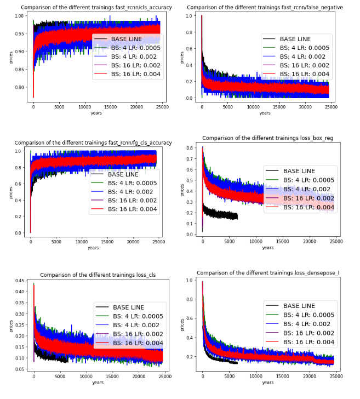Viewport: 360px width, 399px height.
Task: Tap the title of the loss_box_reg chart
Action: (x=267, y=138)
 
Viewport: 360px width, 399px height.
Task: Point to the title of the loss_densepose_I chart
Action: (x=267, y=272)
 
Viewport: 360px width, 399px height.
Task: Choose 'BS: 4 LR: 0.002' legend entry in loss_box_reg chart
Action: (x=305, y=190)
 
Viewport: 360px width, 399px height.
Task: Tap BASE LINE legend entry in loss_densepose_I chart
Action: (x=299, y=306)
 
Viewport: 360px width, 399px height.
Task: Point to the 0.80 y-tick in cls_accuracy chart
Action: (x=21, y=88)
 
